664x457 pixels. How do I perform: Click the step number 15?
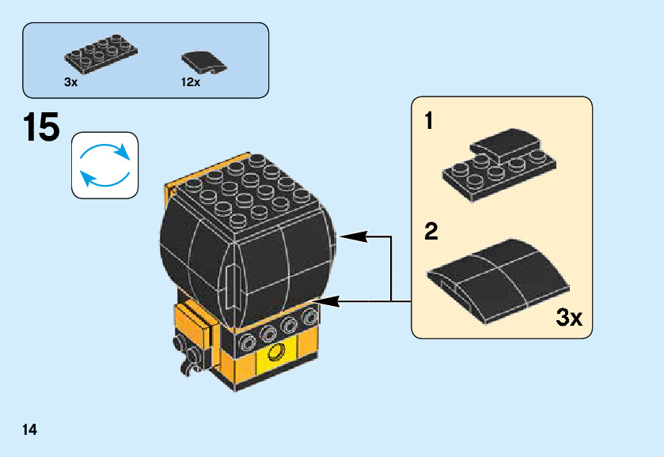click(42, 128)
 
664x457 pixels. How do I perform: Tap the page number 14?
click(30, 430)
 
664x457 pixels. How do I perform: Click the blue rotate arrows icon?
click(104, 164)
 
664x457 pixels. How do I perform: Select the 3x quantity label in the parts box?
click(71, 81)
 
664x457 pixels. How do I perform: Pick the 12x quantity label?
click(191, 81)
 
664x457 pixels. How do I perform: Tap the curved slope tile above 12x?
click(203, 61)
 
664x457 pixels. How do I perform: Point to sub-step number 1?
click(429, 122)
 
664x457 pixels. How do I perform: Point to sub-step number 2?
click(431, 232)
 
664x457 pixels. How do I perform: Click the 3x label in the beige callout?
click(569, 319)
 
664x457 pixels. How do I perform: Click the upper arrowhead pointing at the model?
click(347, 236)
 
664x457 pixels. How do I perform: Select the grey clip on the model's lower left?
click(188, 353)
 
